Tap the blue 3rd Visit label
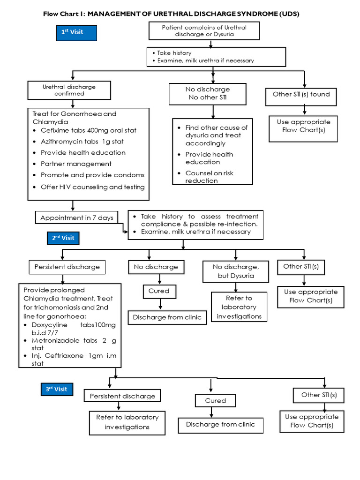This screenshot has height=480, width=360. [56, 389]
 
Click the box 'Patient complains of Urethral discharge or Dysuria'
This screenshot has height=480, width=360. [204, 31]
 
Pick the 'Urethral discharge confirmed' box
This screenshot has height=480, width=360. [69, 90]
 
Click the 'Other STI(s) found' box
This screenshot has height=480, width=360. [301, 94]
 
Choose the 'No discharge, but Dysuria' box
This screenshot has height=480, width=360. [235, 271]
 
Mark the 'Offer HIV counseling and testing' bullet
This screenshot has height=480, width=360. [92, 187]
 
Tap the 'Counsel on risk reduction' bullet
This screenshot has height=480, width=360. [209, 177]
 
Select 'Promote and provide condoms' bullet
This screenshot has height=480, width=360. [92, 175]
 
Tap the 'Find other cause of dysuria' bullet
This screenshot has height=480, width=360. [216, 135]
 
